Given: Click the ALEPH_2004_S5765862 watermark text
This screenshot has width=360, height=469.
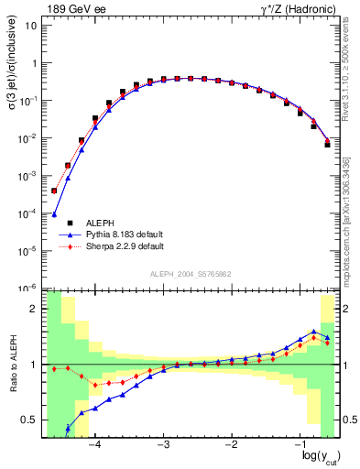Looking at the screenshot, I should coord(190,274).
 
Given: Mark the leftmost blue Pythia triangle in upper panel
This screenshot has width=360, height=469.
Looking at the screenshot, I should coord(54,215).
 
